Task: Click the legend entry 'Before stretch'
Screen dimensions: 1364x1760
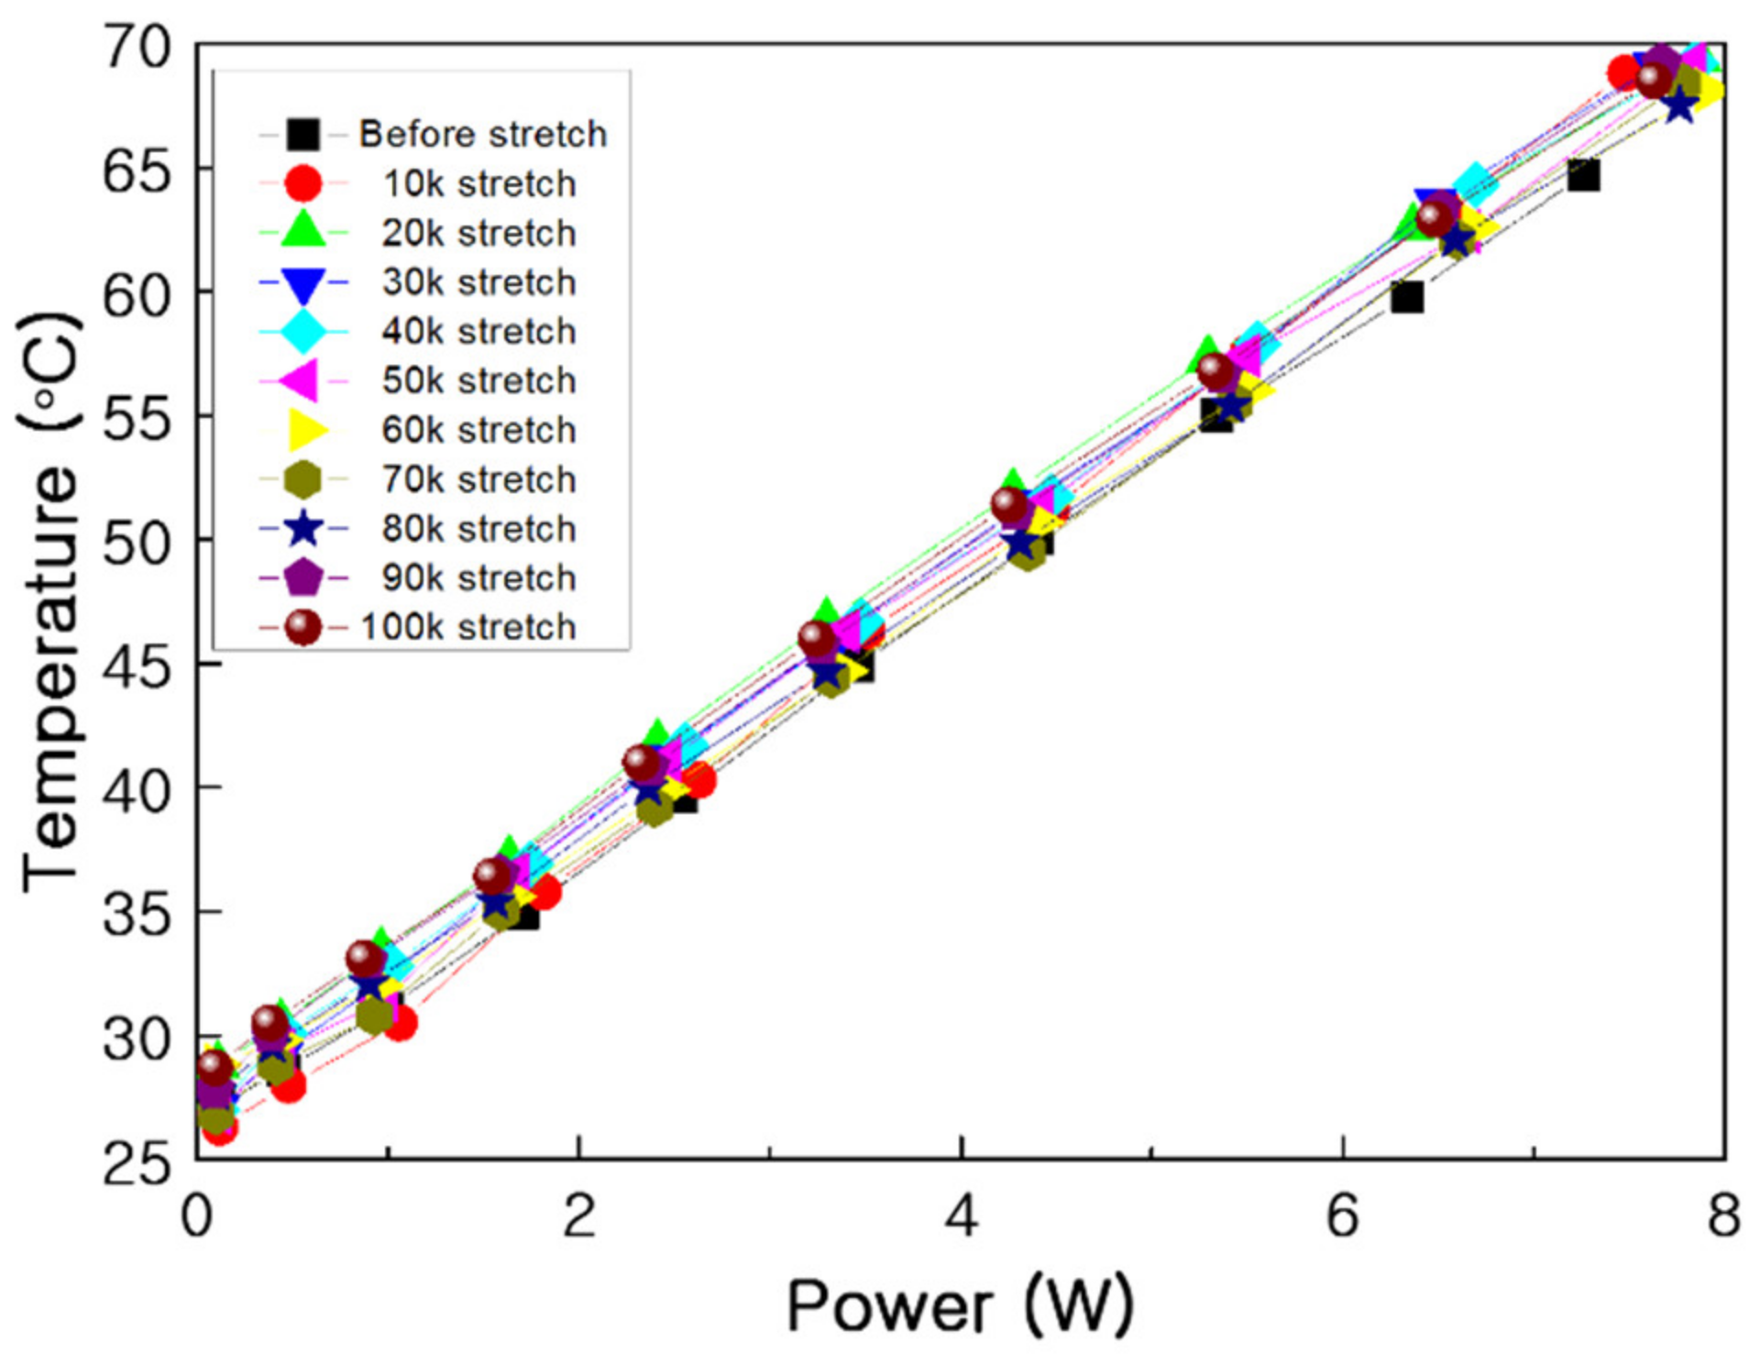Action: coord(482,134)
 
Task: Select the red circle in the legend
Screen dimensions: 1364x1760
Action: coord(302,183)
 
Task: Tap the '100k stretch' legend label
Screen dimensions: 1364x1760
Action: coord(468,627)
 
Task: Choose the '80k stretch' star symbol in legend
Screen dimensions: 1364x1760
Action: coord(302,529)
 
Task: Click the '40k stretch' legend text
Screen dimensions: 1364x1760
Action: coord(478,331)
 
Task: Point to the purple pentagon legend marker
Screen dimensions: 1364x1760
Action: coord(302,577)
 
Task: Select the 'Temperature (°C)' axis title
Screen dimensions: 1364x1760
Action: coord(50,600)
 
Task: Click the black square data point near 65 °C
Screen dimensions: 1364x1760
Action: coord(1583,174)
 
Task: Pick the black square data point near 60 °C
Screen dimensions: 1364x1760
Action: coord(1406,297)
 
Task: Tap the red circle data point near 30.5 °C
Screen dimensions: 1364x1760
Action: coord(401,1023)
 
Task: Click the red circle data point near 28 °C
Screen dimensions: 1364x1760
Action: coord(289,1085)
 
